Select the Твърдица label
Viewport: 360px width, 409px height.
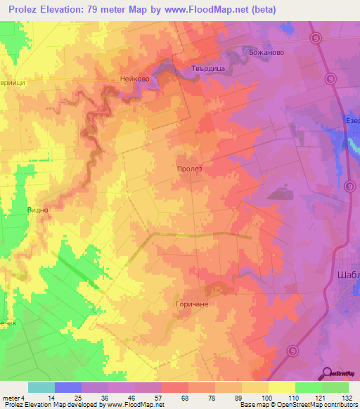coord(207,68)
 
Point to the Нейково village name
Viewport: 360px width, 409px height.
coord(135,79)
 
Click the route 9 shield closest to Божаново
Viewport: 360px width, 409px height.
coord(317,38)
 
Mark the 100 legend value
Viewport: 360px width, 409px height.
coord(268,397)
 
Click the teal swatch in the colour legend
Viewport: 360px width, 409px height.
coord(41,387)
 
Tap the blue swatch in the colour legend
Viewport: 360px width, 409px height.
coord(68,387)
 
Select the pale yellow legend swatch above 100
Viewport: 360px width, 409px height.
coord(255,387)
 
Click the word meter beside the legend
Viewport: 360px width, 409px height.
coord(11,397)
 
